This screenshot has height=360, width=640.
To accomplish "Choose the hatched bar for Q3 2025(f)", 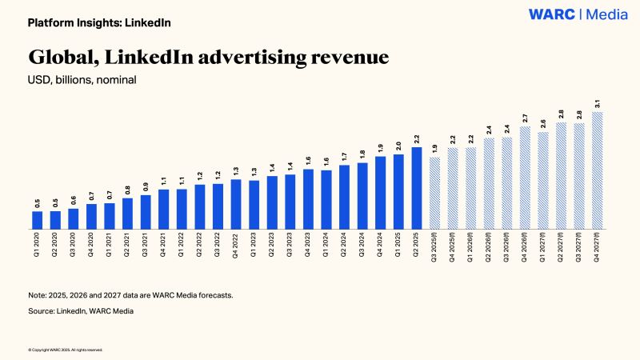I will point(435,194).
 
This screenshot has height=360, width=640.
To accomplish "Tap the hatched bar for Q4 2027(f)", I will point(598,170).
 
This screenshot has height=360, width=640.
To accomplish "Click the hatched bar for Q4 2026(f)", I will point(526,178).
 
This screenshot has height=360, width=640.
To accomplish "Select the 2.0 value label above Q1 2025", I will point(399,146).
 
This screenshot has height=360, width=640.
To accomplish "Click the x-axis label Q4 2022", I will point(236,248).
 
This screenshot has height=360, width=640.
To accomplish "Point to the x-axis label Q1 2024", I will point(326,248).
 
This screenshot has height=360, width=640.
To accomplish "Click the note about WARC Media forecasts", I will point(130,295).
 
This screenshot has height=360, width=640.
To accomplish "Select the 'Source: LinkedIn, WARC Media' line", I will point(81,311).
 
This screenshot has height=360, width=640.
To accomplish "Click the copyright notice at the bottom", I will point(65,350).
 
